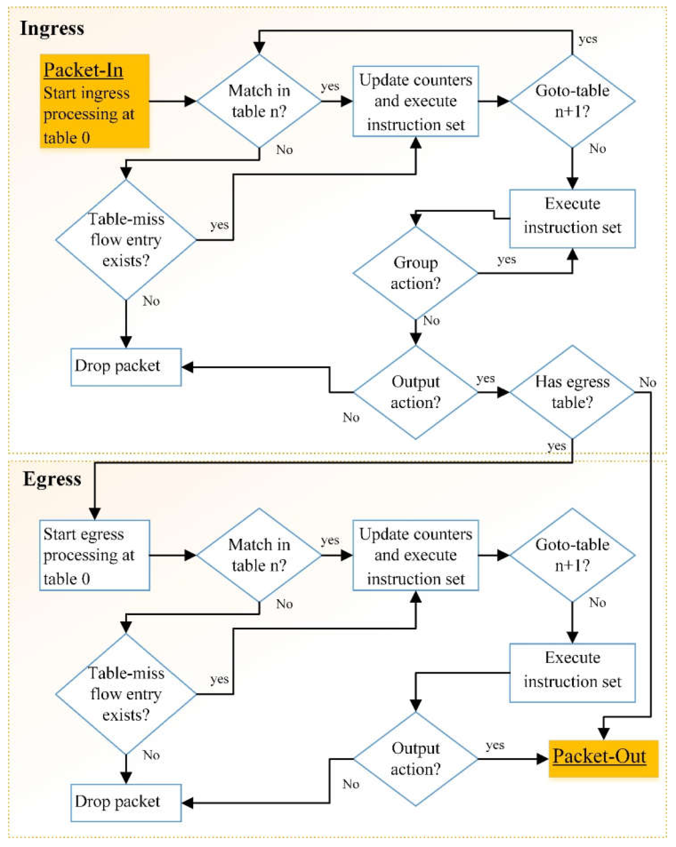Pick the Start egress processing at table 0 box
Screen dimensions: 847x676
tap(94, 555)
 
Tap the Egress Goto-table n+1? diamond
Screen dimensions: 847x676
tap(572, 555)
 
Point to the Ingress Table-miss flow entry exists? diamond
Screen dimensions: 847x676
tap(126, 240)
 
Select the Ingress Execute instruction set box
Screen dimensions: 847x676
tap(572, 219)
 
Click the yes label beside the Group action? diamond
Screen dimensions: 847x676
tap(506, 259)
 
